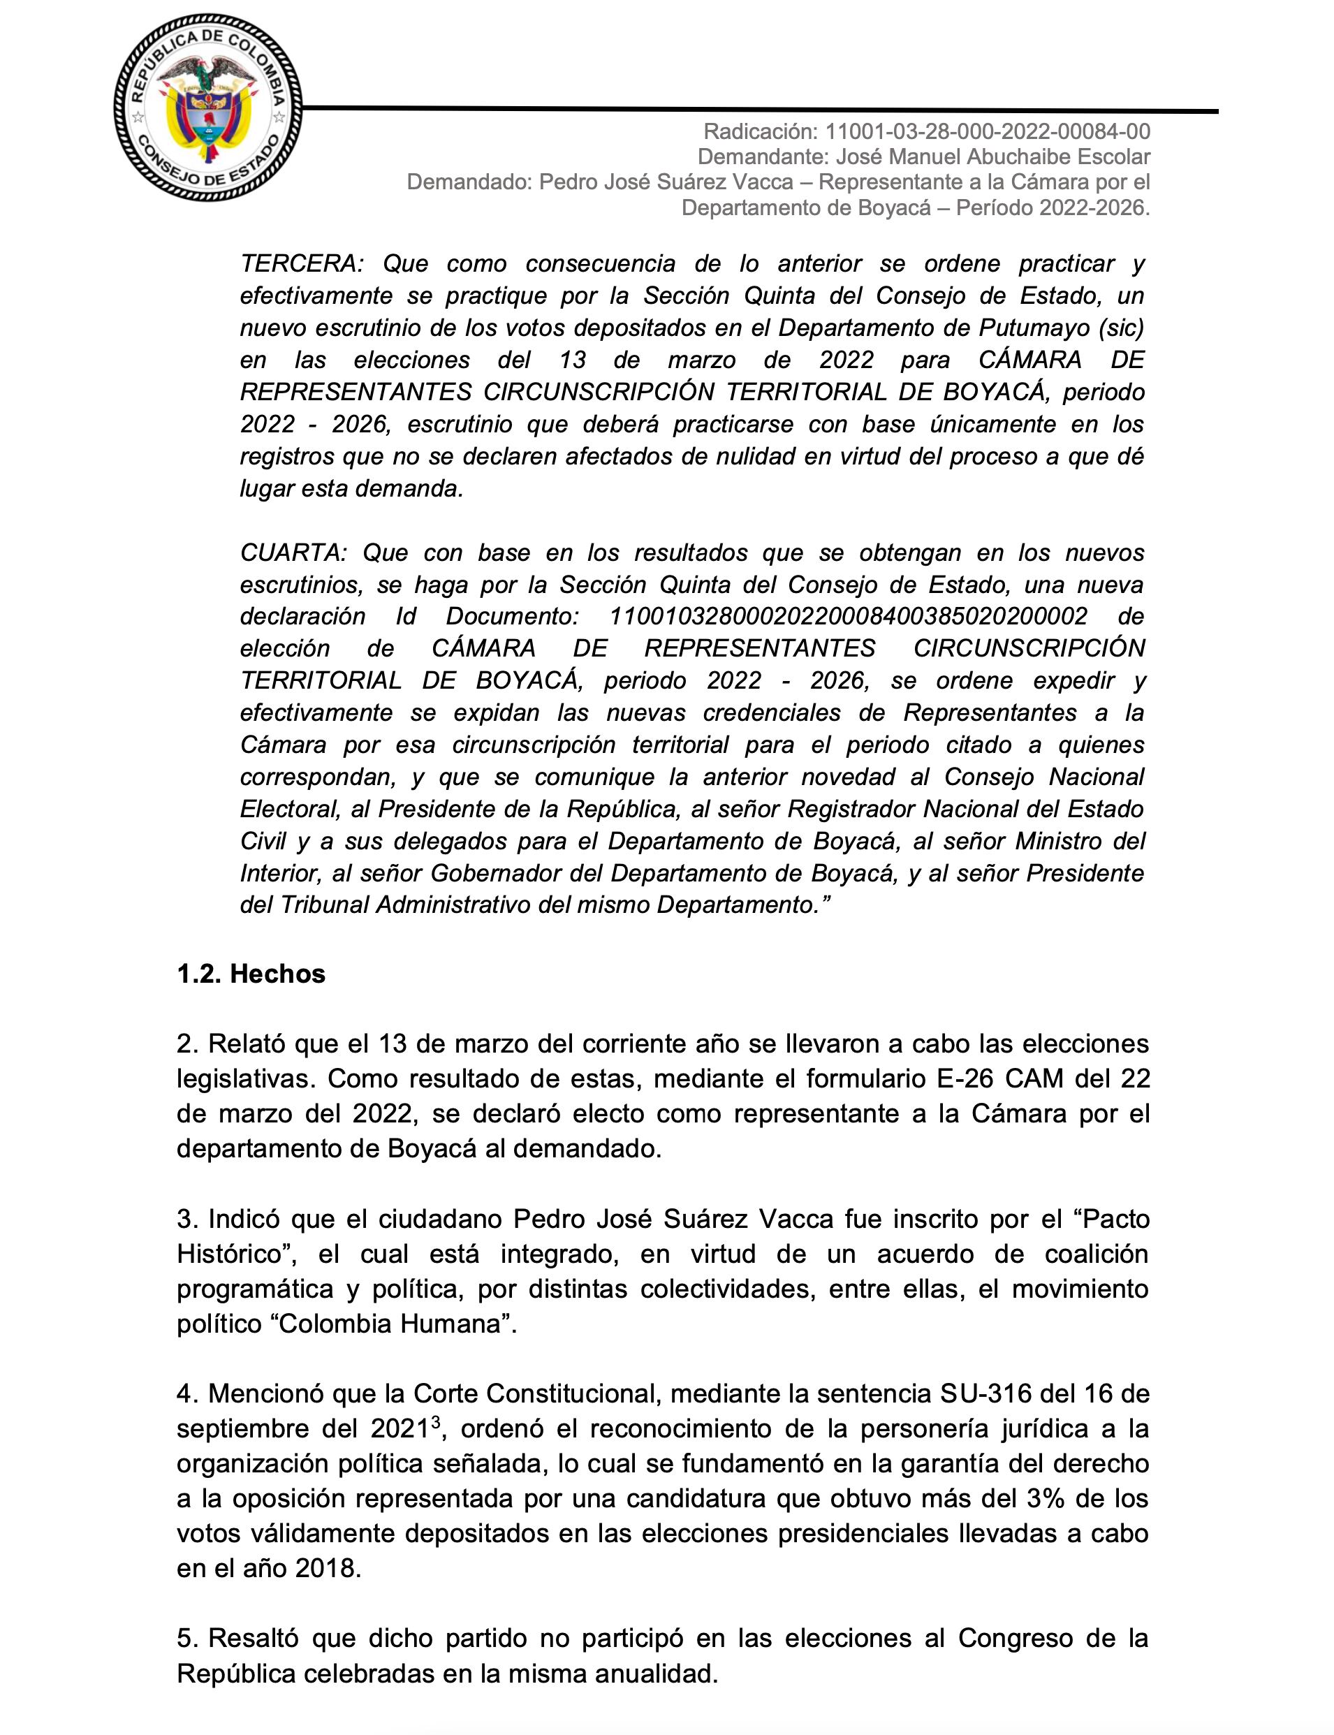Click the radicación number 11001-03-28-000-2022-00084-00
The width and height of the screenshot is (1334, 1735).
coord(988,132)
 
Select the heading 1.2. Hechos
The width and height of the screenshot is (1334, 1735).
coord(251,975)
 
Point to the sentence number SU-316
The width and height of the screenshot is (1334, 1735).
coord(987,1393)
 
